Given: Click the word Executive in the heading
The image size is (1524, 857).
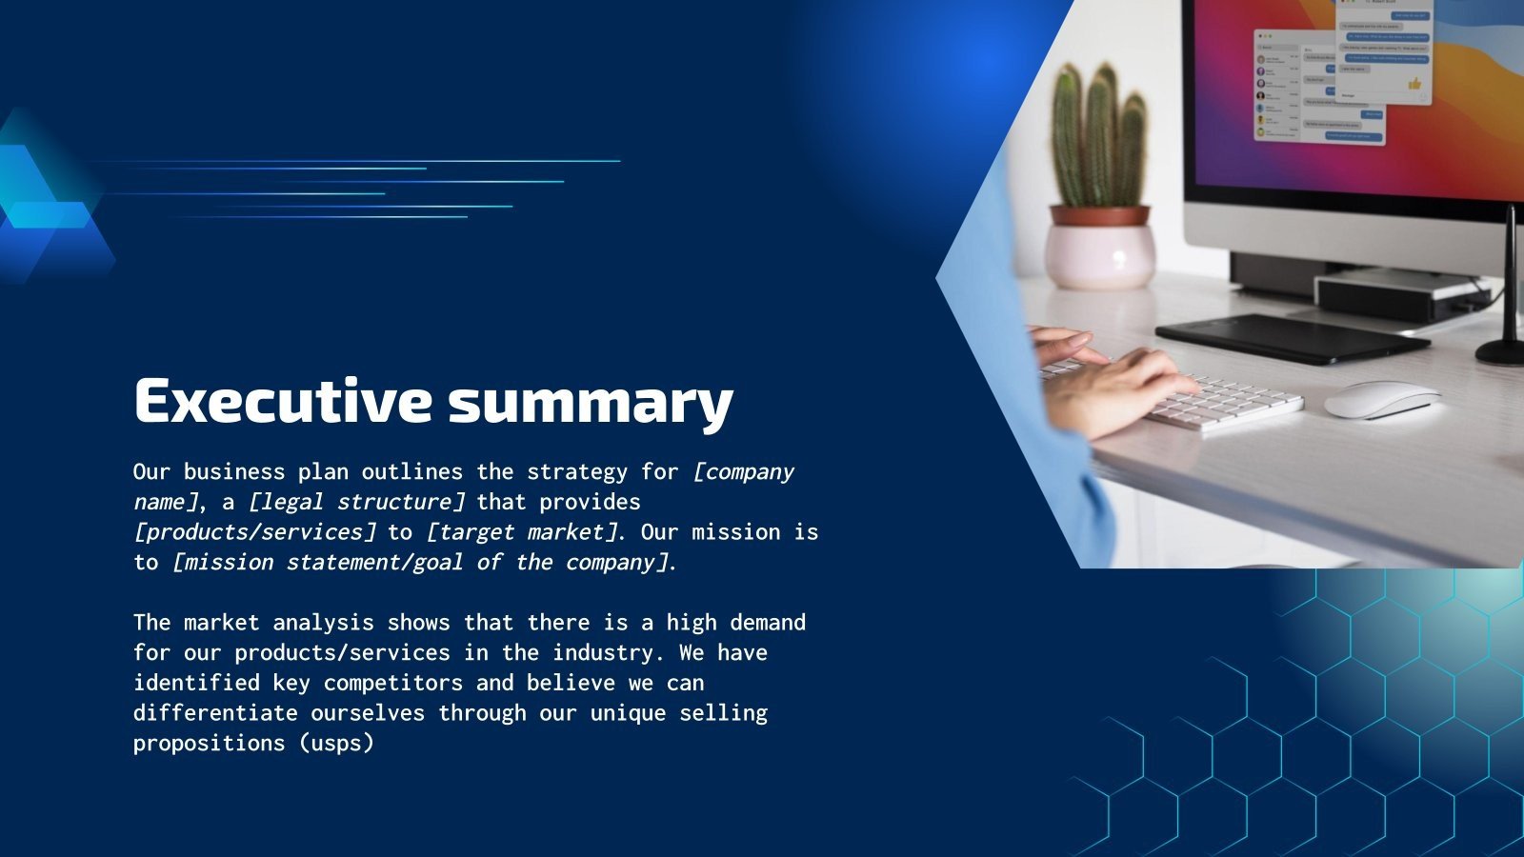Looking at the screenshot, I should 283,401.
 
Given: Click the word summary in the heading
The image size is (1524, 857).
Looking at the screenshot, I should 591,403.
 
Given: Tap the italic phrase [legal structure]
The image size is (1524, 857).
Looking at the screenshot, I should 356,502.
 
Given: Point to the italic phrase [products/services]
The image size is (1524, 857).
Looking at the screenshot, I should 254,532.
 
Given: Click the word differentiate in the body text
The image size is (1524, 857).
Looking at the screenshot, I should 215,713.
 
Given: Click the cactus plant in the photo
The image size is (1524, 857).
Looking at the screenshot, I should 1098,138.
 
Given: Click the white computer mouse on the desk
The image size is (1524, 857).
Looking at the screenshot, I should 1381,399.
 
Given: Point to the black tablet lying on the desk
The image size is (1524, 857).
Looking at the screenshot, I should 1291,338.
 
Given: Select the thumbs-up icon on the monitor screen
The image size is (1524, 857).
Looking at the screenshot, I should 1414,84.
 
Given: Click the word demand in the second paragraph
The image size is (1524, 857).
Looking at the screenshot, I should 768,623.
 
